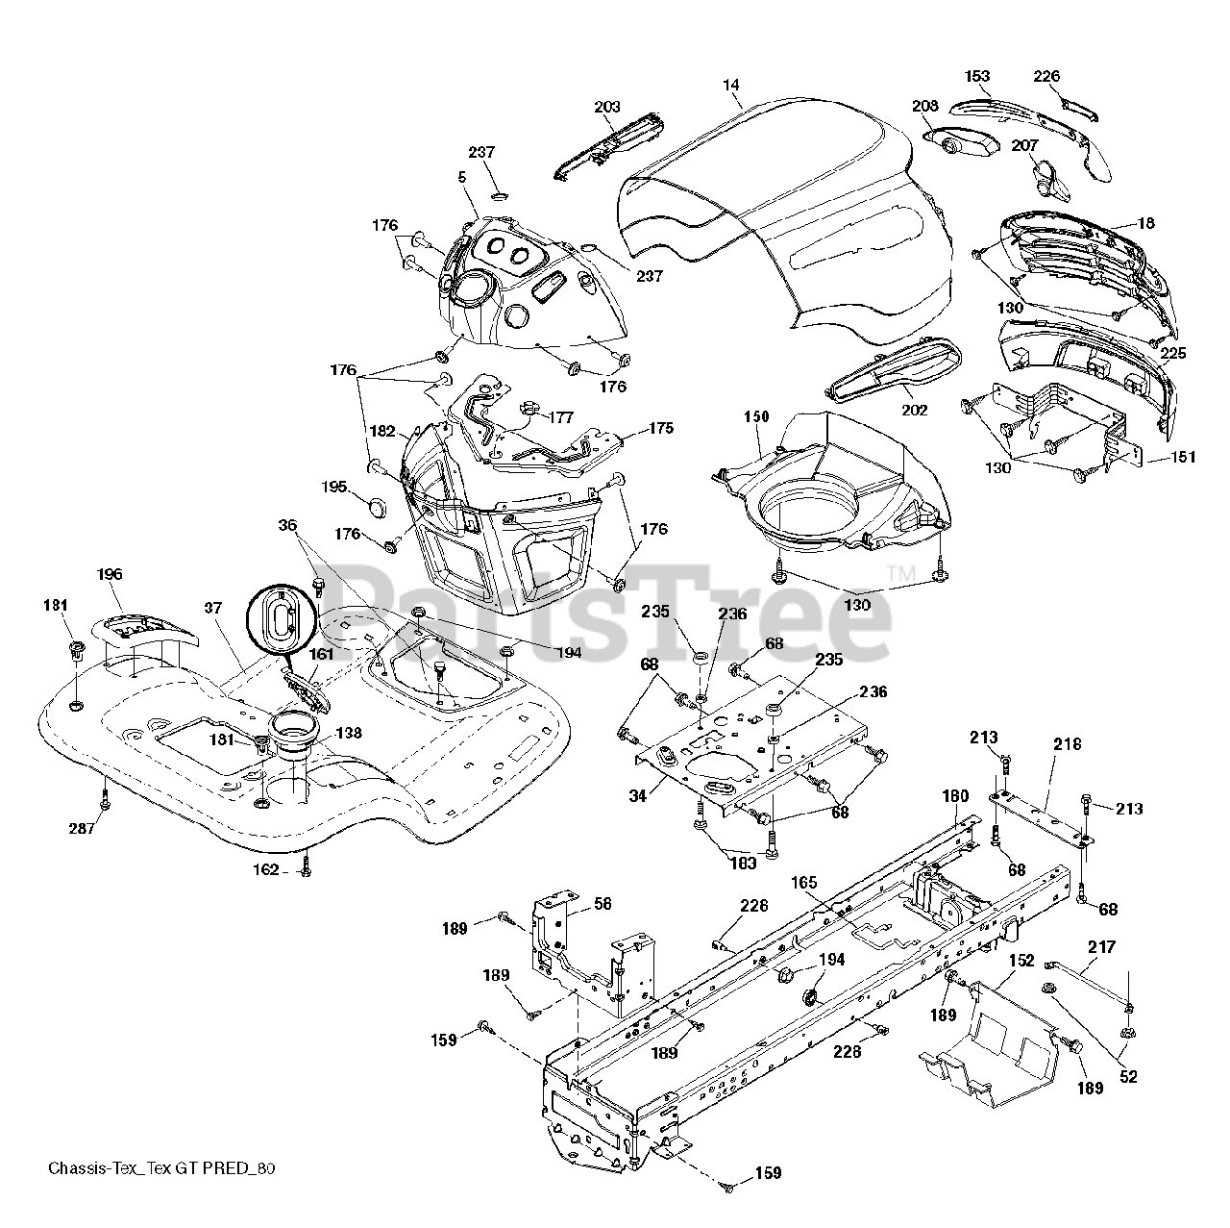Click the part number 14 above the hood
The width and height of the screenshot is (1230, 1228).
point(731,85)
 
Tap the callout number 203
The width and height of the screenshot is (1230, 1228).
point(607,107)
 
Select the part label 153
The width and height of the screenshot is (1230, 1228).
point(976,76)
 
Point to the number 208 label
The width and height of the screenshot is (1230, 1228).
point(925,106)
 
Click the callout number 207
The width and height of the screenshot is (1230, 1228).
point(1024,145)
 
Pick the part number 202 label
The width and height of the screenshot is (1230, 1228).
point(914,411)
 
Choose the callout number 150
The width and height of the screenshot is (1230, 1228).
point(756,416)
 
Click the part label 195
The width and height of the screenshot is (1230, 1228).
point(333,487)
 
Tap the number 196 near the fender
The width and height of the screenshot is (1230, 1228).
point(110,574)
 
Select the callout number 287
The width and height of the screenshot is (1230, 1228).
point(82,829)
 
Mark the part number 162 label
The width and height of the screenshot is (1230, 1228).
point(265,869)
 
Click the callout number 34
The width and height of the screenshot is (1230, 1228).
point(638,795)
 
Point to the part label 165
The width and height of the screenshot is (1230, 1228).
point(803,883)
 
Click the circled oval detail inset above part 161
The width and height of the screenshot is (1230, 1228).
point(282,619)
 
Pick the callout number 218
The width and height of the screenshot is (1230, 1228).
point(1068,744)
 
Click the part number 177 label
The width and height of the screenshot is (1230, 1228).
point(561,417)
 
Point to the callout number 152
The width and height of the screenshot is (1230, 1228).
point(1021,961)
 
